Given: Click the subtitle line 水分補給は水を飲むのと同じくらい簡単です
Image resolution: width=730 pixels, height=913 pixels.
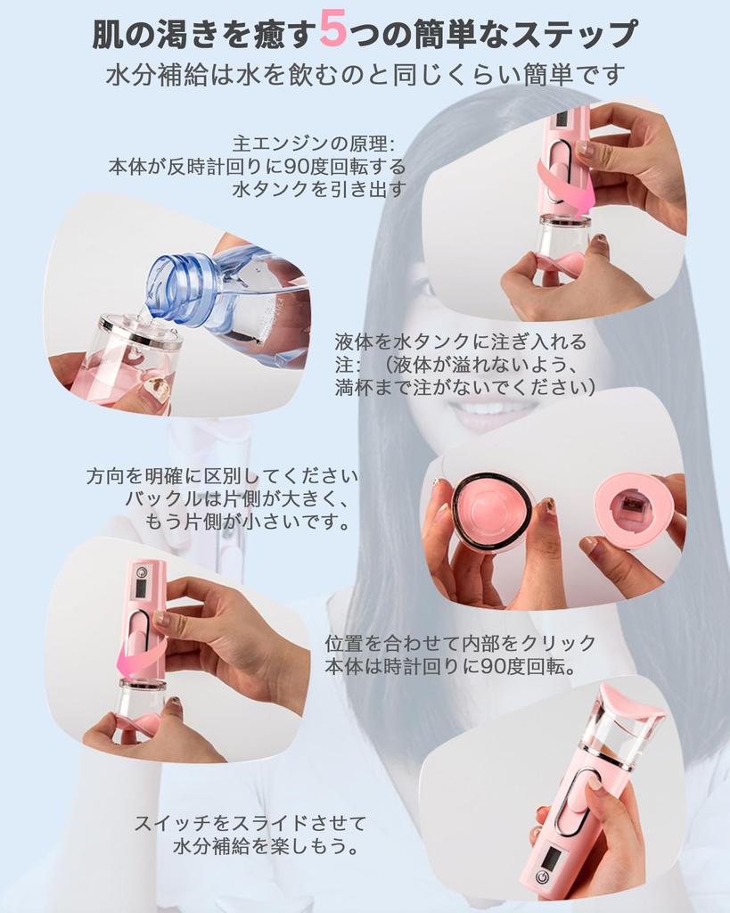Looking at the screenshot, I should click(365, 73).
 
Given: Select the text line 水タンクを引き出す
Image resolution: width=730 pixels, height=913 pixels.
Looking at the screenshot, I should click(318, 189).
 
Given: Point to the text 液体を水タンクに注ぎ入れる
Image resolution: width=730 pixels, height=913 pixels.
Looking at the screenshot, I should click(461, 341).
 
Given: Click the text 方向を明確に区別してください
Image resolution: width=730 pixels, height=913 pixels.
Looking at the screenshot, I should click(222, 476).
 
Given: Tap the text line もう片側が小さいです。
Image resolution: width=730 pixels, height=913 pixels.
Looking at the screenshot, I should click(248, 522).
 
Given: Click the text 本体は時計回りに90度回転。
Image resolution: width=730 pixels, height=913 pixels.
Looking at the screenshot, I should click(453, 667).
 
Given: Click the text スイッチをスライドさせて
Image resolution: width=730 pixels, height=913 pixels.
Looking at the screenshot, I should click(250, 823).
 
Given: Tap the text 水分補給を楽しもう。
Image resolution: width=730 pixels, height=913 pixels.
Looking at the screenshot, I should click(267, 846).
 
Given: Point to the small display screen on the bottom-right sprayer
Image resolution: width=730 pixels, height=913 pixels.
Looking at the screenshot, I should click(553, 858).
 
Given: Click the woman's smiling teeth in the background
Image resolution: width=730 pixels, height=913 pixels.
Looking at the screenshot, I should click(494, 407).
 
